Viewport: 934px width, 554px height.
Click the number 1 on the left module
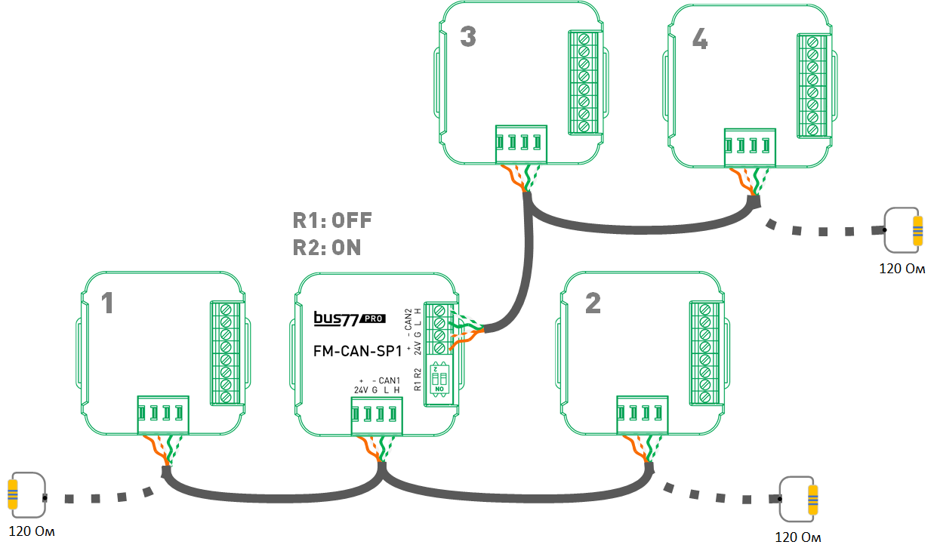[108, 303]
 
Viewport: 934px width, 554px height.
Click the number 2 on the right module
[593, 303]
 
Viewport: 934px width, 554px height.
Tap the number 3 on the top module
[468, 36]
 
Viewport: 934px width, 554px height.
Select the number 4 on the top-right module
[700, 40]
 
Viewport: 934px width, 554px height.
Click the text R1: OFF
[332, 220]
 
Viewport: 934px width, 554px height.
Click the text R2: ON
[327, 248]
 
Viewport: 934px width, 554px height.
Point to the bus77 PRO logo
[350, 318]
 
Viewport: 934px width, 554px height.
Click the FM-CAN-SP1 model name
[357, 350]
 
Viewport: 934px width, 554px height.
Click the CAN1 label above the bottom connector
[388, 380]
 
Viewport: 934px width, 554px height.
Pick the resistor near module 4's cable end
[917, 231]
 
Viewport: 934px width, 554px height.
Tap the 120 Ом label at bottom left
[32, 532]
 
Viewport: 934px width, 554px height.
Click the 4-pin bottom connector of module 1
[162, 414]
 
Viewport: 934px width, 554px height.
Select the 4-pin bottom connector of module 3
[520, 143]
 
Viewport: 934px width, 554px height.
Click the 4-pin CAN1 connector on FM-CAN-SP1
[376, 415]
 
